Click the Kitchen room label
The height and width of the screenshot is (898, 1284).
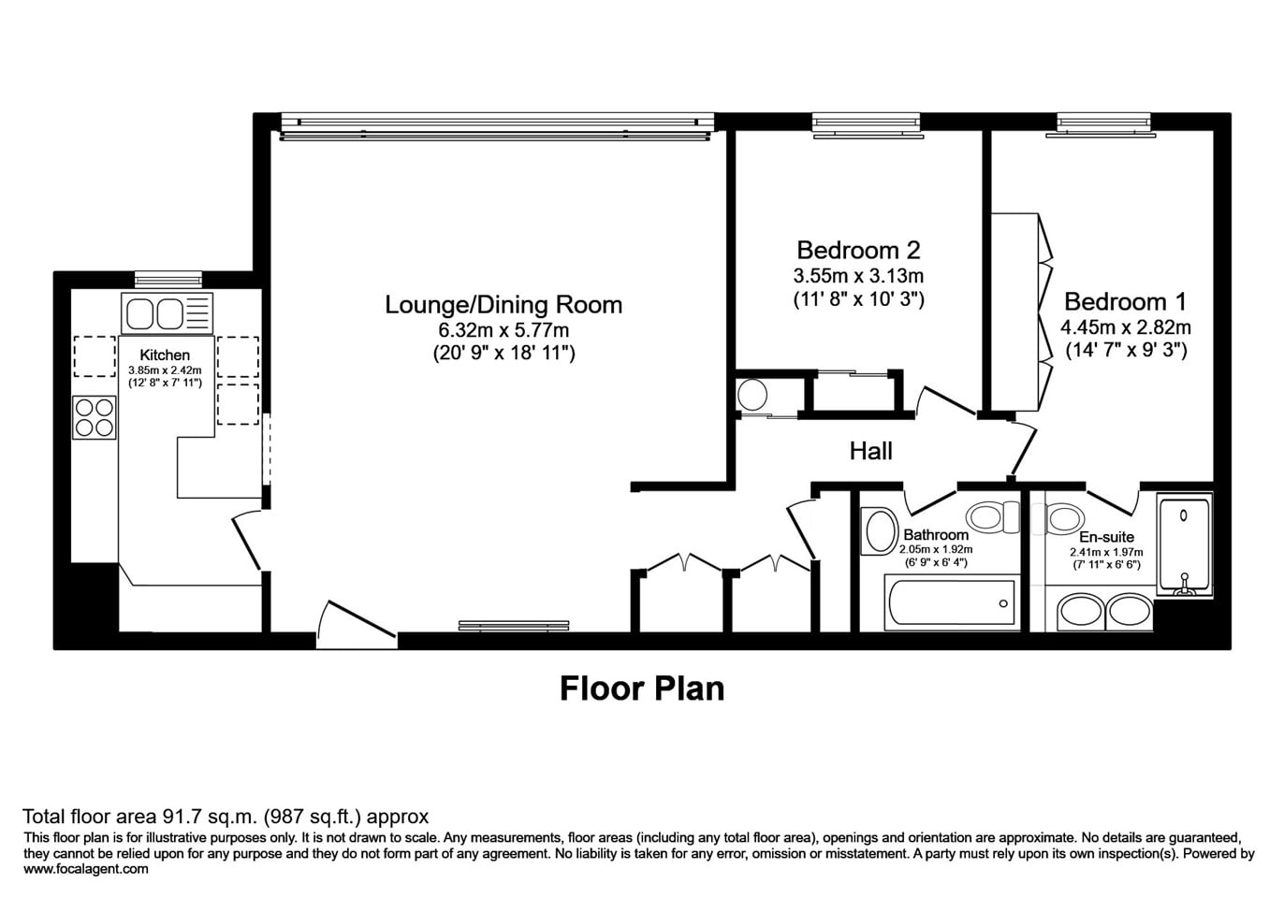pyautogui.click(x=165, y=355)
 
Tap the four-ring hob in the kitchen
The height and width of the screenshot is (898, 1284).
pyautogui.click(x=95, y=417)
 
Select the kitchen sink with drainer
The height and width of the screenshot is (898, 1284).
pyautogui.click(x=167, y=313)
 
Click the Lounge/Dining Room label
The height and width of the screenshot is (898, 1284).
pyautogui.click(x=503, y=304)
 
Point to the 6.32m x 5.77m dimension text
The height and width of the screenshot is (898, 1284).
pyautogui.click(x=503, y=329)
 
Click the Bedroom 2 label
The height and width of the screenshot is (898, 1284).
pyautogui.click(x=858, y=250)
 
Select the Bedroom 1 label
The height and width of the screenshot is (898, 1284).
pyautogui.click(x=1125, y=301)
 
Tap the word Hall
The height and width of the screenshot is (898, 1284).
pyautogui.click(x=870, y=451)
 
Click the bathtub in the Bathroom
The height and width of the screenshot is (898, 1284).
pyautogui.click(x=951, y=603)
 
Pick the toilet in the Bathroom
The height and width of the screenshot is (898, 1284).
pyautogui.click(x=992, y=515)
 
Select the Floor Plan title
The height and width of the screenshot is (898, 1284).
pyautogui.click(x=642, y=688)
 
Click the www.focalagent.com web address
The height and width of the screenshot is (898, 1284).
pyautogui.click(x=86, y=869)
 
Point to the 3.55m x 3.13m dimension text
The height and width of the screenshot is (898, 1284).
pyautogui.click(x=858, y=276)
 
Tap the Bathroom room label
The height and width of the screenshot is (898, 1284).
pyautogui.click(x=936, y=535)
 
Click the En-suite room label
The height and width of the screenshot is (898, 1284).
pyautogui.click(x=1106, y=537)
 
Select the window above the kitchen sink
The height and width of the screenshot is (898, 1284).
pyautogui.click(x=168, y=279)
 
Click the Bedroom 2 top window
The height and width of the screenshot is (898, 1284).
pyautogui.click(x=867, y=123)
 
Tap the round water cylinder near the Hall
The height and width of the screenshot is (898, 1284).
pyautogui.click(x=752, y=396)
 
